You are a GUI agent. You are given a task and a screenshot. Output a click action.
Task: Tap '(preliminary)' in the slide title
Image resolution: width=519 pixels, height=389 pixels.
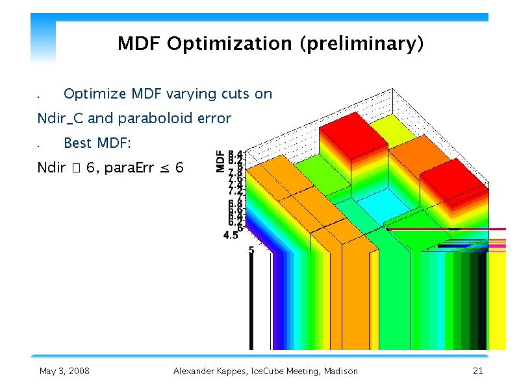click(x=362, y=44)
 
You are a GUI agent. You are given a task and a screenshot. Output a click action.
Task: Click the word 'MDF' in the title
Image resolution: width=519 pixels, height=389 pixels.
click(x=139, y=44)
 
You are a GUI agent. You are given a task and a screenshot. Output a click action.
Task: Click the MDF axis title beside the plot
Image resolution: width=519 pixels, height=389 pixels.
click(x=222, y=161)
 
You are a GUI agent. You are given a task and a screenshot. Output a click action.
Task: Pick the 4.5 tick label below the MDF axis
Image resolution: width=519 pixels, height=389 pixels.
click(x=230, y=236)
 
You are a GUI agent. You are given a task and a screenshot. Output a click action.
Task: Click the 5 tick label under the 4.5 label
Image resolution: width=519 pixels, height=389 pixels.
click(x=251, y=249)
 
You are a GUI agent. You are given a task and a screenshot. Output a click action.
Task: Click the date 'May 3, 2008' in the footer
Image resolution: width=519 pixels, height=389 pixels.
click(x=64, y=371)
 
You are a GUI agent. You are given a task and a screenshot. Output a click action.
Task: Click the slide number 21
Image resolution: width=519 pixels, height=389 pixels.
click(x=478, y=371)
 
